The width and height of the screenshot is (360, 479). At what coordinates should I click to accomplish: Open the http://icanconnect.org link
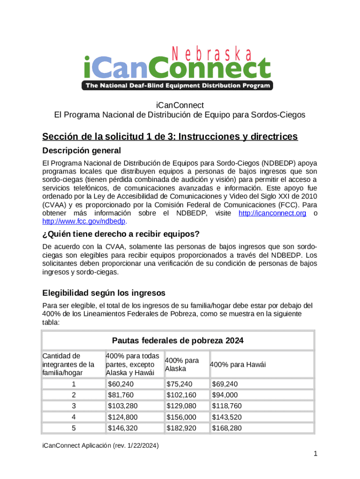click(272, 213)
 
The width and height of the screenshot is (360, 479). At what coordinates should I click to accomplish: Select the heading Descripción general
click(82, 151)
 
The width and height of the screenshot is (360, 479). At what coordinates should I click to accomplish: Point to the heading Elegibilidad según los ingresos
click(104, 293)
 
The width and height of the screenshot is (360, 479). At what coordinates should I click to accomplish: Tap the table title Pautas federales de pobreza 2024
click(178, 341)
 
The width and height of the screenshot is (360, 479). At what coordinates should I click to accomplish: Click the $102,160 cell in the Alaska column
click(181, 395)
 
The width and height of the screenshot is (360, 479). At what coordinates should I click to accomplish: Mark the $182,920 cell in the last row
click(181, 428)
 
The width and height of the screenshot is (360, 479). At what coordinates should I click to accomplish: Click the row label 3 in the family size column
click(73, 406)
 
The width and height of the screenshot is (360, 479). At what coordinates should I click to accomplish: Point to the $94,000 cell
click(225, 395)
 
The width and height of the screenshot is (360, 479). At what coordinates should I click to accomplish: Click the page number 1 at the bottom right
click(316, 454)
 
